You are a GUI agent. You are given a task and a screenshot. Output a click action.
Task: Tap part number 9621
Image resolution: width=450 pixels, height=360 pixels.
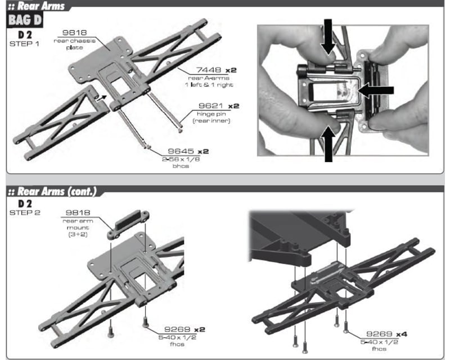point(209,106)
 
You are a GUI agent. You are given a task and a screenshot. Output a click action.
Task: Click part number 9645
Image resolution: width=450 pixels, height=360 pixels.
point(181,151)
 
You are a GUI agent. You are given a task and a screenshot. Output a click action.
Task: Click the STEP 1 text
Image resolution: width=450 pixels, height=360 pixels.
point(24,43)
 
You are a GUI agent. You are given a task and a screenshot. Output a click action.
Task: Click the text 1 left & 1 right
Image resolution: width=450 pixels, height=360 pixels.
point(209,84)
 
